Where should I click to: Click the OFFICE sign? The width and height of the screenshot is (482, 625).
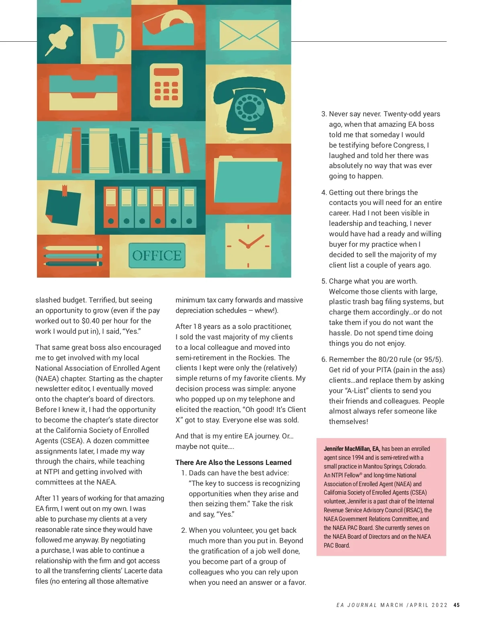(157, 256)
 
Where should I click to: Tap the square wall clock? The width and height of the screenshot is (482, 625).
(248, 246)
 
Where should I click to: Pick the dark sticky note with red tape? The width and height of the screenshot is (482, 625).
(63, 205)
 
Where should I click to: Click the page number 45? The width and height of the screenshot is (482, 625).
(456, 605)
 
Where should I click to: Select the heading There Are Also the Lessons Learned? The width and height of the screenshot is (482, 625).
(233, 463)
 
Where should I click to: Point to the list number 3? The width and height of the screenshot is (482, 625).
(324, 114)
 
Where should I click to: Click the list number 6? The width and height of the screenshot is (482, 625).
(324, 360)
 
